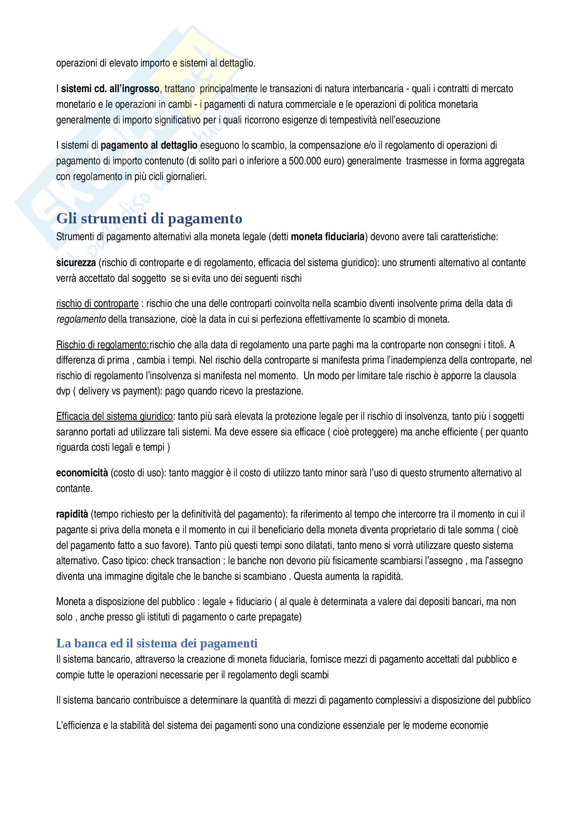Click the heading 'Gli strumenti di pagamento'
point(149,219)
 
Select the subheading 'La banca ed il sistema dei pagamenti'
point(157,643)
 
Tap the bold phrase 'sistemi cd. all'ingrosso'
point(110,89)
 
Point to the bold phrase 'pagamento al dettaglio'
point(149,145)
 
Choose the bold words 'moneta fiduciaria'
point(328,237)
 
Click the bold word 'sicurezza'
point(76,263)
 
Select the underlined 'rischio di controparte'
point(97,303)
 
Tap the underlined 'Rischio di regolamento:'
point(102,345)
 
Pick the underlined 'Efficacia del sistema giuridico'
point(114,417)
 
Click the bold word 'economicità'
point(82,473)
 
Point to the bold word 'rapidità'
point(72,514)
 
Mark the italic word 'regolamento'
point(81,319)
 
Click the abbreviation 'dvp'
point(63,391)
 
